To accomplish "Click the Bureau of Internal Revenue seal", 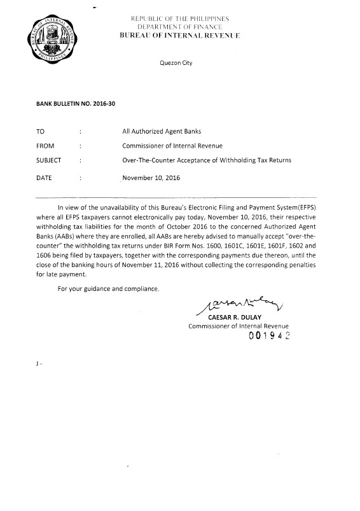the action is pyautogui.click(x=48, y=38).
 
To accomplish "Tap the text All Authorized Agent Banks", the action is pyautogui.click(x=161, y=131).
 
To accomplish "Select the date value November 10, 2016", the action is pyautogui.click(x=151, y=178).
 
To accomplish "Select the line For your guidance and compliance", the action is pyautogui.click(x=108, y=290).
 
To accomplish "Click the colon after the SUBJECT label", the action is pyautogui.click(x=81, y=160).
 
